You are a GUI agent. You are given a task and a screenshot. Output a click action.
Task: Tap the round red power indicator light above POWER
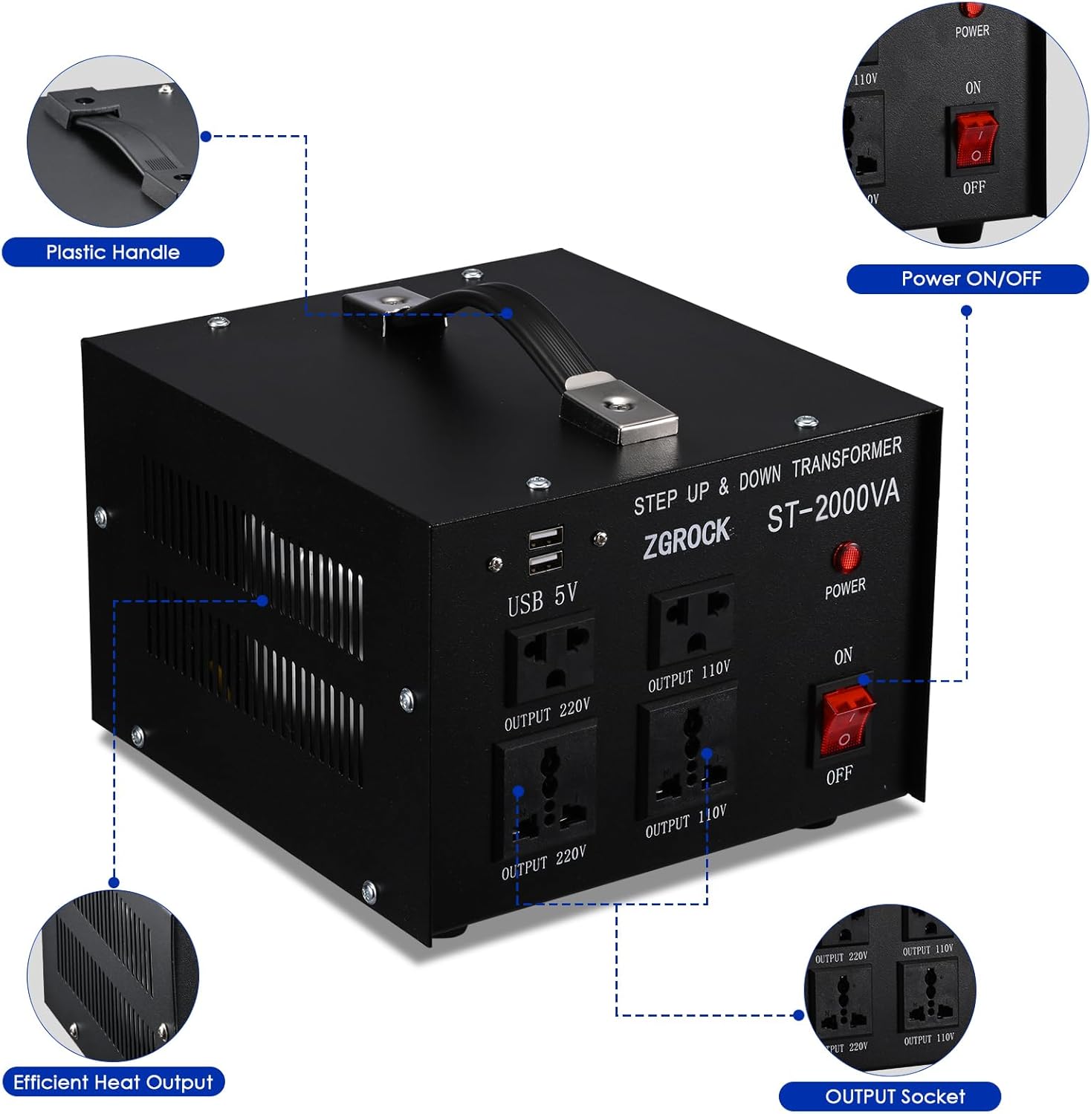coord(846,557)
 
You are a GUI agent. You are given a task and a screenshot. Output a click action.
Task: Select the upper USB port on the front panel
coord(545,536)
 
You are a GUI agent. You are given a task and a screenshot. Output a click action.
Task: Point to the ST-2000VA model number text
coord(832,506)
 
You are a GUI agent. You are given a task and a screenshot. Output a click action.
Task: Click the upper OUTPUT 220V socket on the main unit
coord(550,657)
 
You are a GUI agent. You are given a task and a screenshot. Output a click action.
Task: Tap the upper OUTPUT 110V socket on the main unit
coord(691,622)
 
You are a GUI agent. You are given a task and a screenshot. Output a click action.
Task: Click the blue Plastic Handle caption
coord(113,253)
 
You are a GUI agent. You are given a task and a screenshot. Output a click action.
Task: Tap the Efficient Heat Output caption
coord(113,1082)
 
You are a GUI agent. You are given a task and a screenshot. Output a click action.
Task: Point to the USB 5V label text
coord(543,599)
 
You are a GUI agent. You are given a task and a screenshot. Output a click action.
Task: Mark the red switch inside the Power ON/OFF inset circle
coord(974,140)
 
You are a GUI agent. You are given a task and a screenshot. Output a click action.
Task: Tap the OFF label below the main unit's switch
coord(839,775)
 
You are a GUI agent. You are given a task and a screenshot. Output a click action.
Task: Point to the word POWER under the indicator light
coord(845,588)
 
